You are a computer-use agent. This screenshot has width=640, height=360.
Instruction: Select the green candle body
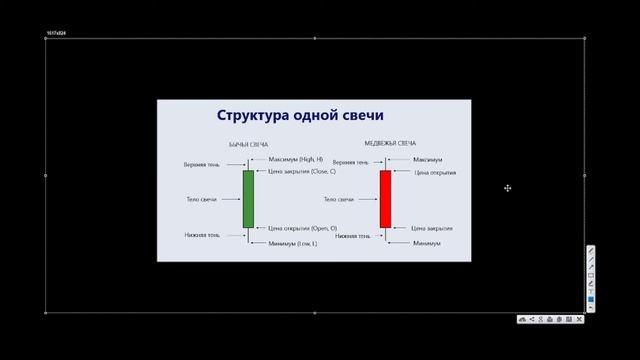[x=248, y=198]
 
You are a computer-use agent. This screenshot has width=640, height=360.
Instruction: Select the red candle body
[x=385, y=198]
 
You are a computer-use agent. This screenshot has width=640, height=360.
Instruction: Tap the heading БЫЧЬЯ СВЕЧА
[x=248, y=145]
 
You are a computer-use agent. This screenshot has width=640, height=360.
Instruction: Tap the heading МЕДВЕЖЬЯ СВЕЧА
[x=391, y=143]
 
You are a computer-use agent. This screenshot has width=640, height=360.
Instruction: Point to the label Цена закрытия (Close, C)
[x=301, y=172]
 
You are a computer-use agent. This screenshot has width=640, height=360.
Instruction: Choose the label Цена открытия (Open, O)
[x=301, y=228]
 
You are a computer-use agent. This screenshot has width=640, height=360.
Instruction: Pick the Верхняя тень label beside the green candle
[x=203, y=163]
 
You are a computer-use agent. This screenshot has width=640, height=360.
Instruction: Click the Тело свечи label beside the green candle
[x=203, y=199]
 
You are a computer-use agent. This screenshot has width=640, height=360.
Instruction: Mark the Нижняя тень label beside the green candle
[x=202, y=236]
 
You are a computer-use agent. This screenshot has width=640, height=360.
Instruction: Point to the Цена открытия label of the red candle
[x=435, y=173]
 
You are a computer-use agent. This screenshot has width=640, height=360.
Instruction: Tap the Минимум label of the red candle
[x=427, y=243]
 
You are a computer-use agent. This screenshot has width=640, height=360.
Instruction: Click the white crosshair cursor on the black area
[x=508, y=188]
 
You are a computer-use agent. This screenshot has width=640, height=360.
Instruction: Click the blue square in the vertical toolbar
[x=591, y=299]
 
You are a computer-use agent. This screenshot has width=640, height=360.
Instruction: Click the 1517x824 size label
[x=56, y=34]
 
